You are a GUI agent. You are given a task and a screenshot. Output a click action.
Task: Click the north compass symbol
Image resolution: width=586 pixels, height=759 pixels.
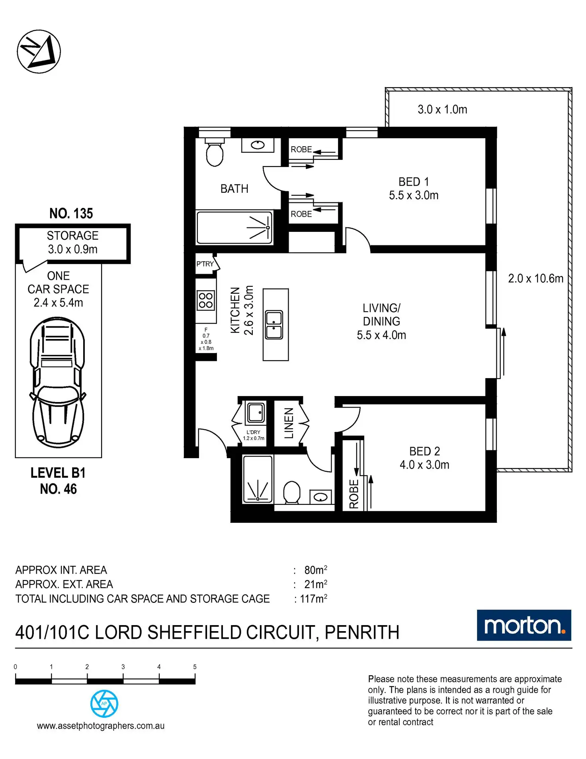point(39,51)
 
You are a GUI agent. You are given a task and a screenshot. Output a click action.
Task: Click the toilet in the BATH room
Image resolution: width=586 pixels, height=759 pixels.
point(215,153)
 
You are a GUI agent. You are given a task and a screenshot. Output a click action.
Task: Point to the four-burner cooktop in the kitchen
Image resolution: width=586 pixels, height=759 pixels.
point(206,300)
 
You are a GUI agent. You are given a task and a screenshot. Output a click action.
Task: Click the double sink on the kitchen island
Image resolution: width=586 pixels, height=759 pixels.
point(274,325)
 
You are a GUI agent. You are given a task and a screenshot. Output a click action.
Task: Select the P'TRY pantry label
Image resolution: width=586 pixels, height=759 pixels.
point(205,264)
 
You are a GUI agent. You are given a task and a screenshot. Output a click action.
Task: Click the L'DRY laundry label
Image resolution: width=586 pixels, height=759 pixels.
point(253,432)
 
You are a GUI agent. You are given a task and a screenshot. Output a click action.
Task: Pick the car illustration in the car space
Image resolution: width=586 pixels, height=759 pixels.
point(58,382)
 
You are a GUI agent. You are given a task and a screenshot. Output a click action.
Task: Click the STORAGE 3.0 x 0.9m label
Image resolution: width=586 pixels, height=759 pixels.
point(72,242)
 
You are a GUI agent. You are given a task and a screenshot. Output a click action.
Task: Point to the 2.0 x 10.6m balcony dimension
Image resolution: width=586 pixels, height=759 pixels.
point(535,278)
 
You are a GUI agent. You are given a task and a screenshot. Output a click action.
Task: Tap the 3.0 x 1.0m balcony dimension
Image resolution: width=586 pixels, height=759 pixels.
point(442,110)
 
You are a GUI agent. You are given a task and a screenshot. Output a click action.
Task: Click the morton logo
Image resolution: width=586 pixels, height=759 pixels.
point(524,626)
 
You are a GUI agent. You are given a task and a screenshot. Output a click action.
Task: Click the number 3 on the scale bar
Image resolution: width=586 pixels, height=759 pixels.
point(123,667)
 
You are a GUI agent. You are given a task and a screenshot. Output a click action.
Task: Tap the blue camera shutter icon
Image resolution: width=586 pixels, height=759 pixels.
point(104,704)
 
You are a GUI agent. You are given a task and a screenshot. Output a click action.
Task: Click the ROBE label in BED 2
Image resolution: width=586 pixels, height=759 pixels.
point(354,494)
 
